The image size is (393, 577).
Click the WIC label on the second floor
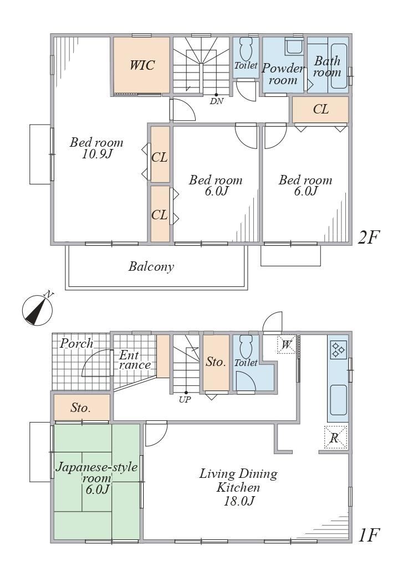pos(142,65)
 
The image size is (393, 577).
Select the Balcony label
pos(151,266)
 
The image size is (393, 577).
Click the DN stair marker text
pos(217,101)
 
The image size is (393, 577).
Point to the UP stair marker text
pos(185,399)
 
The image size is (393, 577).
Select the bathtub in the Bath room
pos(339,66)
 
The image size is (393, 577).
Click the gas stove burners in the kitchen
pos(338,349)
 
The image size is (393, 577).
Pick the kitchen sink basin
pos(338,400)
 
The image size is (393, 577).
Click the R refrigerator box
pos(335,437)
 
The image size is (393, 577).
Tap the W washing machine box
pos(286,344)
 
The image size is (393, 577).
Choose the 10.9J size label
pos(97,154)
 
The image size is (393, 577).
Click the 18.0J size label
pos(239,501)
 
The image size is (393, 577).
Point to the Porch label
pos(76,343)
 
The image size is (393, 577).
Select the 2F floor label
pos(368,238)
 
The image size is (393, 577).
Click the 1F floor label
pos(368,535)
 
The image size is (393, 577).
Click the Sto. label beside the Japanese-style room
pos(80,408)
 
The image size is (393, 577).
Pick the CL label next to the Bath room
pos(320,109)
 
